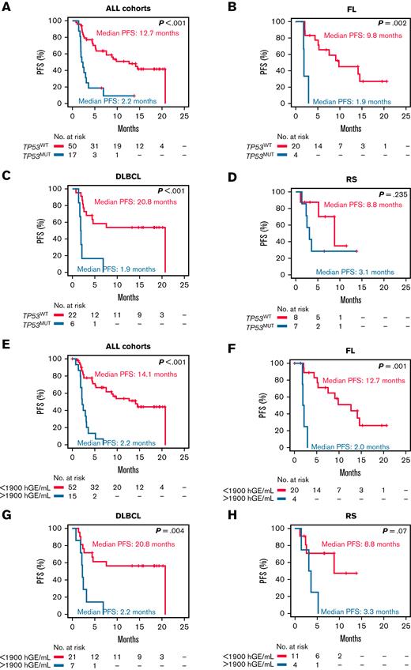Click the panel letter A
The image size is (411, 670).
coord(6,7)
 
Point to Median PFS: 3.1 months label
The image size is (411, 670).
coord(356,272)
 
